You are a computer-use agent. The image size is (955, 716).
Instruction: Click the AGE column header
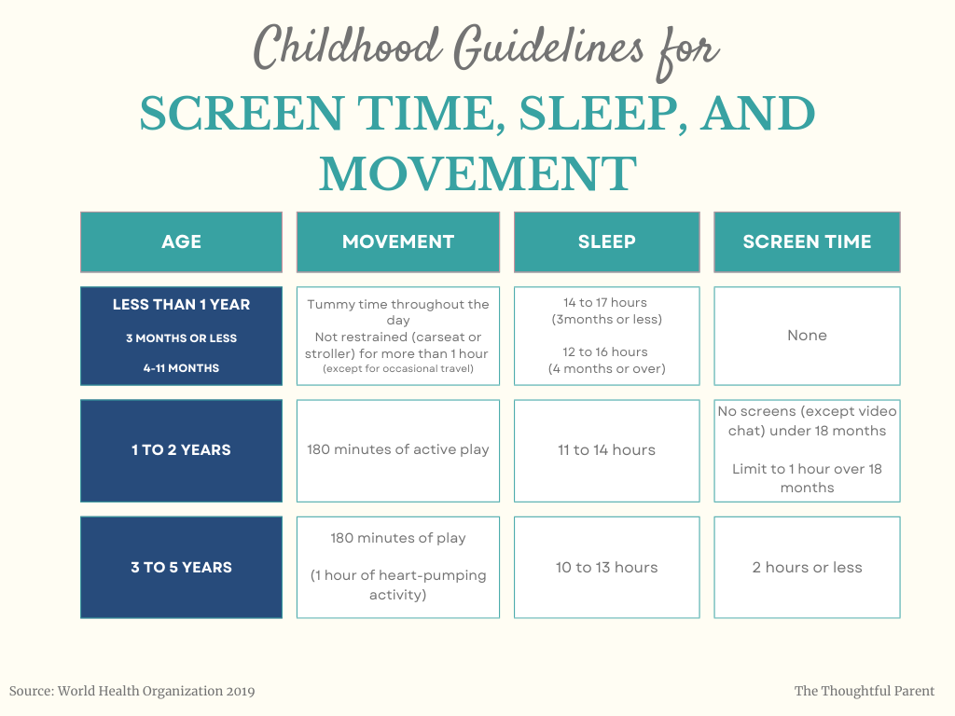tap(181, 242)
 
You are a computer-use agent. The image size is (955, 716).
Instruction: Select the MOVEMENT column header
tap(398, 242)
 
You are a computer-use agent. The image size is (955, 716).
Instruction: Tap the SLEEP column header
tap(606, 242)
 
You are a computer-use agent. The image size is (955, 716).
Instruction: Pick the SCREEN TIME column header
tap(807, 242)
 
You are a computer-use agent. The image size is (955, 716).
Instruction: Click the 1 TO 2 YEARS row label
tap(181, 450)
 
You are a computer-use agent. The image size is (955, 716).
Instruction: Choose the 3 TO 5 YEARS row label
tap(181, 568)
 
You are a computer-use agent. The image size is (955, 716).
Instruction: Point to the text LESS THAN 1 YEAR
tap(181, 305)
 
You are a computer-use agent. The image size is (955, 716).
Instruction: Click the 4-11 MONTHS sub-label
tap(181, 368)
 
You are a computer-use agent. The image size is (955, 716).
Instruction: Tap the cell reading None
tap(807, 336)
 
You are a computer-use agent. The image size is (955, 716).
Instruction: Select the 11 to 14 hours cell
tap(606, 450)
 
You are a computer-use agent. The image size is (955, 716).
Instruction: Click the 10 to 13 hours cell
tap(606, 568)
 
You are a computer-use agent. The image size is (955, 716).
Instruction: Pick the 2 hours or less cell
tap(807, 568)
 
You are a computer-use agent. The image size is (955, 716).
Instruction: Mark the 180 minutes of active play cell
tap(398, 450)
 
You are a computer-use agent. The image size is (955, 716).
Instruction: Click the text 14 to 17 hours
tap(604, 303)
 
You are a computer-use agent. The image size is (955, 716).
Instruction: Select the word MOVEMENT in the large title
tap(477, 173)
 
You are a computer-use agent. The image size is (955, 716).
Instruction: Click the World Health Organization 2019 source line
tap(132, 692)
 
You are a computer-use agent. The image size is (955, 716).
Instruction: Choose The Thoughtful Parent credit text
tap(865, 692)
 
